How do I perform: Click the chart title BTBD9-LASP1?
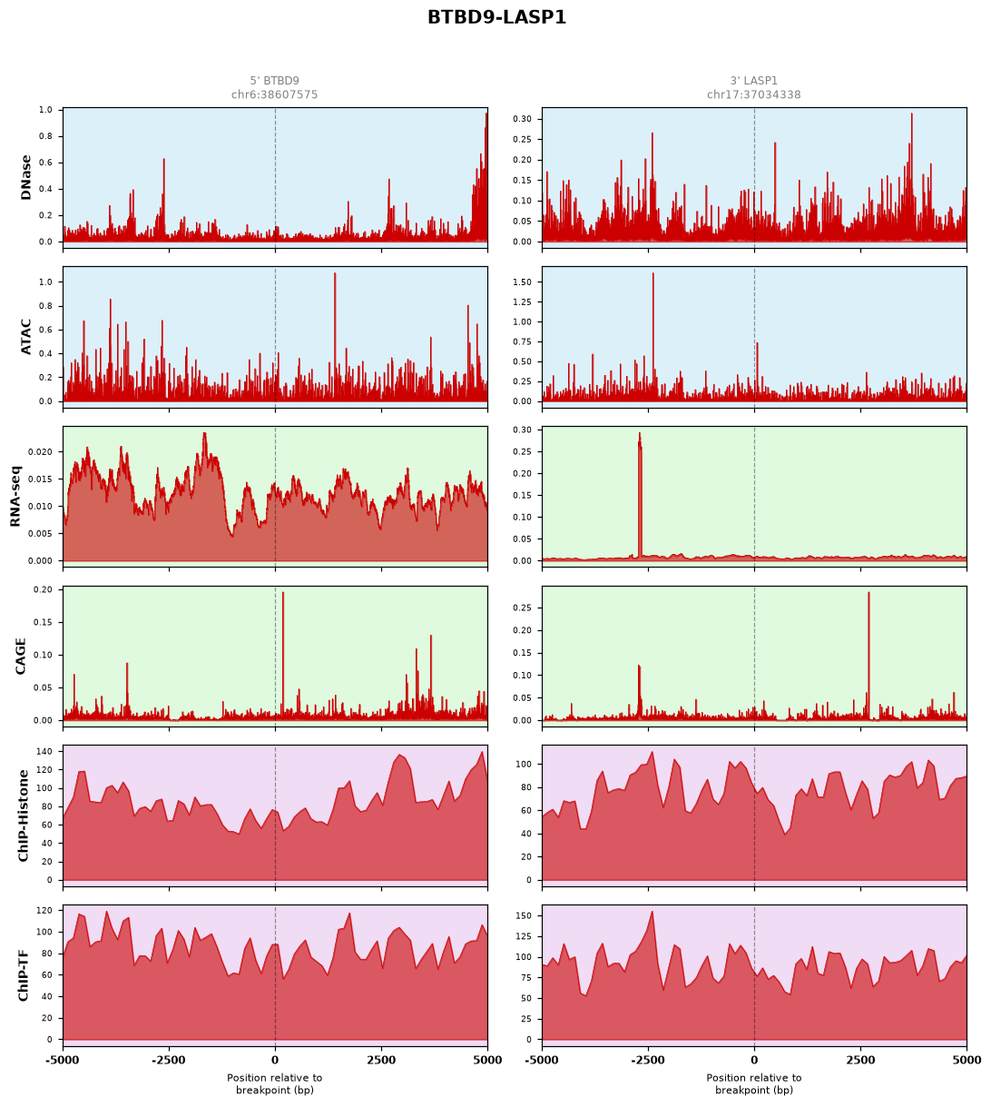click(495, 17)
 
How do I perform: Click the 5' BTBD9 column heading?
click(274, 81)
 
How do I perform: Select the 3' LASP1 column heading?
click(753, 81)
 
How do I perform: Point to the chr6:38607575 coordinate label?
click(274, 94)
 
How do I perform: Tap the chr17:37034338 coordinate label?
click(753, 94)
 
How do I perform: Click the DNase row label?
click(25, 178)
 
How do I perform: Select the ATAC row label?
click(25, 337)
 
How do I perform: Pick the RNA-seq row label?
click(15, 496)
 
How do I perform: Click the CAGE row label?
click(20, 656)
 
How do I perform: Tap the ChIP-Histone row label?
click(23, 815)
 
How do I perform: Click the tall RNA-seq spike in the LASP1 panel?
click(640, 495)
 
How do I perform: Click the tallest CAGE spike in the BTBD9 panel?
click(282, 656)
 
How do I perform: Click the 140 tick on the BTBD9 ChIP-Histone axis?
click(45, 752)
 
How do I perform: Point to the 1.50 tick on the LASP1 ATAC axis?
click(522, 282)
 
